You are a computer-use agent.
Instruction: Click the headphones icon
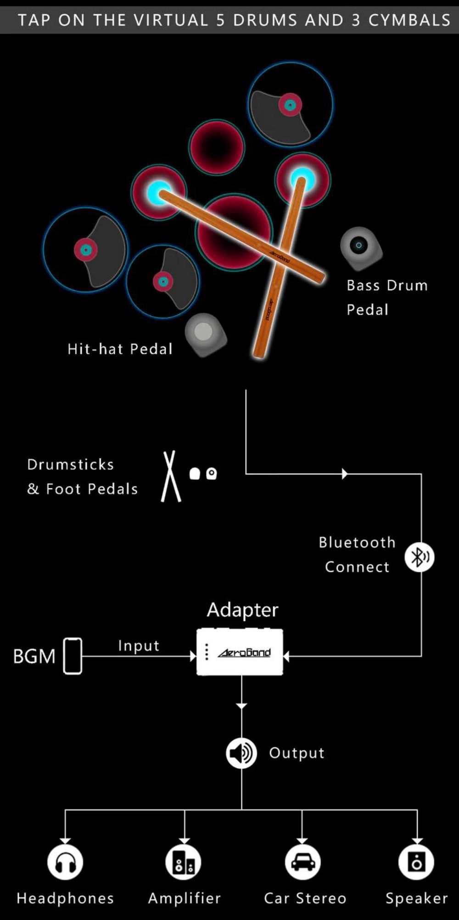(65, 863)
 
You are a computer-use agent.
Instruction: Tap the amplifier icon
(184, 863)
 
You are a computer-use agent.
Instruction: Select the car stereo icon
(303, 863)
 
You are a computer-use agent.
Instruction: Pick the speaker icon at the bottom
(416, 863)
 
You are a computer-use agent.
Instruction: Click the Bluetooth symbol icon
(419, 557)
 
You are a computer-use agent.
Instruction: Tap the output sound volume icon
(241, 753)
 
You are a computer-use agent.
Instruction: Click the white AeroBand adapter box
(240, 652)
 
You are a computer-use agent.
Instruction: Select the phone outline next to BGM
(73, 656)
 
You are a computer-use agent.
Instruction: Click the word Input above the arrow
(139, 646)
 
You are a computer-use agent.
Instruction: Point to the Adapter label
(242, 610)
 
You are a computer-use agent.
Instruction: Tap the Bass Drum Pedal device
(361, 248)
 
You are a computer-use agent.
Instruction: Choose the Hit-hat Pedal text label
(120, 349)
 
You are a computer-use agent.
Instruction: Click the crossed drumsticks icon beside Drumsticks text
(171, 476)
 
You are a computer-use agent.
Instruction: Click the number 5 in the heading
(220, 20)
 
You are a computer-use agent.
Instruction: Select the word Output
(297, 753)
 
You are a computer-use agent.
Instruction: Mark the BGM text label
(34, 656)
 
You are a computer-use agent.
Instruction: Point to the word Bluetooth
(357, 542)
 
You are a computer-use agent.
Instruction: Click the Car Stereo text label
(305, 898)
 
